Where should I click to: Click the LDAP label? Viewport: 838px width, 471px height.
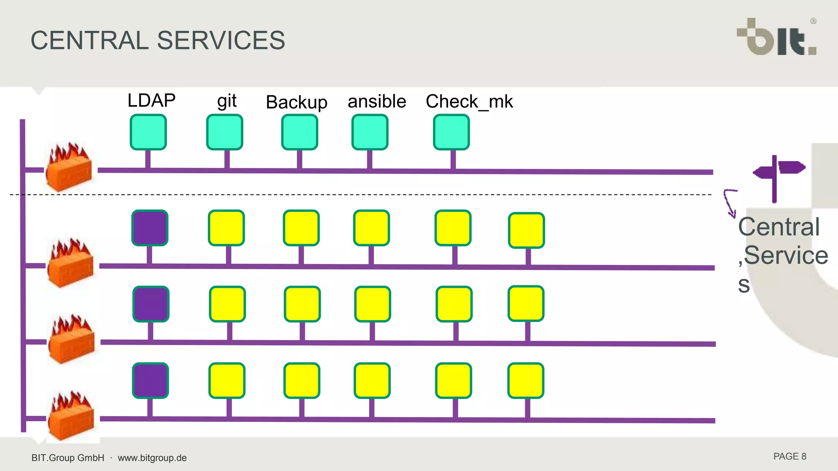pos(151,101)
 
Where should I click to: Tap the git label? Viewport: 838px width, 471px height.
pos(227,101)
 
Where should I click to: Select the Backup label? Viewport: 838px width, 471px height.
pos(296,102)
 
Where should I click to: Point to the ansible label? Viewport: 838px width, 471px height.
pos(377,101)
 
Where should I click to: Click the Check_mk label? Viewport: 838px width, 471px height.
pos(469,101)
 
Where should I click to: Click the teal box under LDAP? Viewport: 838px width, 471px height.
pos(148,132)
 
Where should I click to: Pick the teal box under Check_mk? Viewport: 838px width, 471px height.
pos(451,132)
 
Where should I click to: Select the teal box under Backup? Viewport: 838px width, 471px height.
pos(300,132)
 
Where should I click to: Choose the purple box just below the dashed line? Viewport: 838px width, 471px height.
pos(150,228)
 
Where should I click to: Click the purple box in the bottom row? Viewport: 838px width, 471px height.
pos(151,381)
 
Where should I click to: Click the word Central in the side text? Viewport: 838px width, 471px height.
pos(779,227)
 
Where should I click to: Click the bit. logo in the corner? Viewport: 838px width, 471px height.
pos(777,38)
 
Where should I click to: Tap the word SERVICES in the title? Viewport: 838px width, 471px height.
pos(221,40)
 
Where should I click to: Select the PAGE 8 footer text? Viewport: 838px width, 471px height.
pos(789,457)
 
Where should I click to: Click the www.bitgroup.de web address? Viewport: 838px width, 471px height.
pos(152,458)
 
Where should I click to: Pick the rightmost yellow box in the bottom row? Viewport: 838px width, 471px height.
pos(526,381)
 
